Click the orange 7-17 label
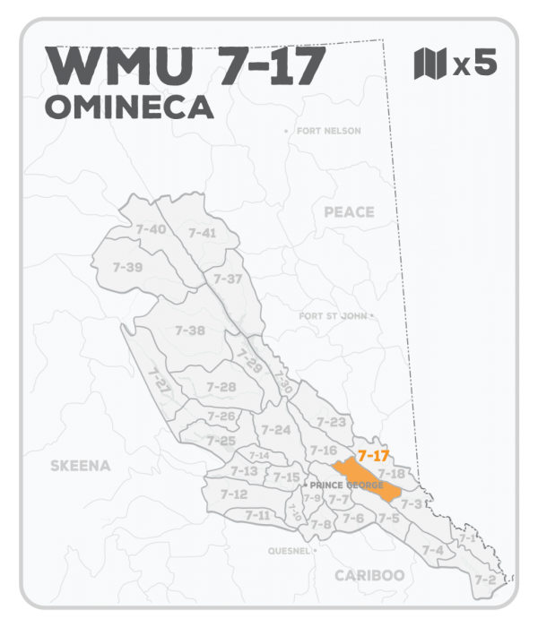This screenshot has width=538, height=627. point(372,456)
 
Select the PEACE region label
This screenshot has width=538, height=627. point(348,212)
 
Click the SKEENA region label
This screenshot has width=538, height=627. point(80,466)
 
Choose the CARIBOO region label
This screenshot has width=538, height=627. point(369,575)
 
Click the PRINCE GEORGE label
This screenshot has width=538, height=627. point(345,485)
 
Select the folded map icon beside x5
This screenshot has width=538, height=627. point(429,64)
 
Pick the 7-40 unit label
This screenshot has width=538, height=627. point(151,230)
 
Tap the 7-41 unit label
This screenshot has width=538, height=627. point(203,233)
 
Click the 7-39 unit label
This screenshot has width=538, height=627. point(127,267)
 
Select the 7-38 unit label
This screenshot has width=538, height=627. point(190,331)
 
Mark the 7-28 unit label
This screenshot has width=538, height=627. point(221,387)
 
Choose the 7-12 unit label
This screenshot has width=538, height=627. point(233,494)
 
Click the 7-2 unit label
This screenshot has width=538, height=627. point(485,580)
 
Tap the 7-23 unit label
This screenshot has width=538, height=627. point(331,422)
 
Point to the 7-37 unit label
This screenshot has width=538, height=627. point(228,279)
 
